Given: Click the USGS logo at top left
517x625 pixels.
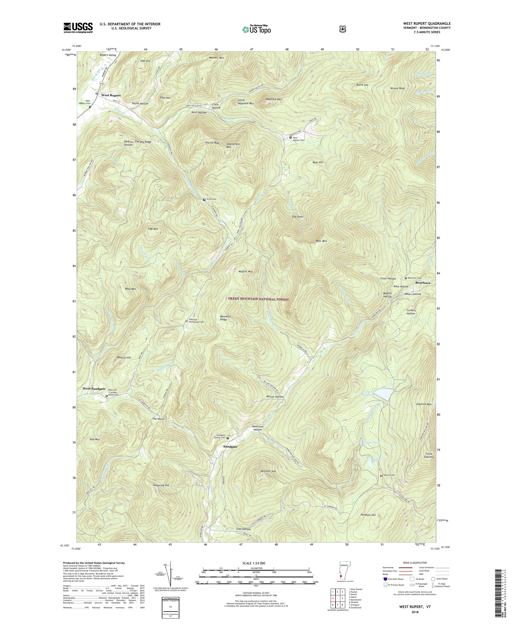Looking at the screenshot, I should pos(78,28).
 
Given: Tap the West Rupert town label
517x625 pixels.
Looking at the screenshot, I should pos(111,95).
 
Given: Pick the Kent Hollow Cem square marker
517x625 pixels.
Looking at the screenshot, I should pos(291,137).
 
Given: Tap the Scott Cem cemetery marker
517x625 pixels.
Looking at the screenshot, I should pos(204,200).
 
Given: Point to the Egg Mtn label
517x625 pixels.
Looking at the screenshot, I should pos(153,229).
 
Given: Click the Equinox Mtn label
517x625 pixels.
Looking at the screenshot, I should pos(424,404).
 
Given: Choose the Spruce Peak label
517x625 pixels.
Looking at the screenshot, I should pos(397,88).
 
